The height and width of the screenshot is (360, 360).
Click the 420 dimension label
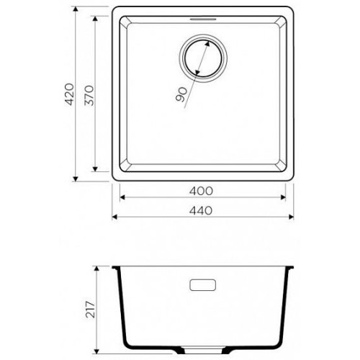pos(69,94)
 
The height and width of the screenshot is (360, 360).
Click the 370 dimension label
pos(89,95)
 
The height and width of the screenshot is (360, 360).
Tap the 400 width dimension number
pos(201,191)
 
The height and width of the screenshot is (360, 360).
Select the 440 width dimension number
pos(201,211)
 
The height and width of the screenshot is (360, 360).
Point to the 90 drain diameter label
pos(181,94)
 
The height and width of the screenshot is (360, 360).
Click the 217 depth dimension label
pos(91,310)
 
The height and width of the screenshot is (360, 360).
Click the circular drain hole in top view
pos(203,58)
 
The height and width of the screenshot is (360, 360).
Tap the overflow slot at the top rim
pos(203,19)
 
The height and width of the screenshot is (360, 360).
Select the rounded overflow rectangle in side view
pos(203,285)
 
